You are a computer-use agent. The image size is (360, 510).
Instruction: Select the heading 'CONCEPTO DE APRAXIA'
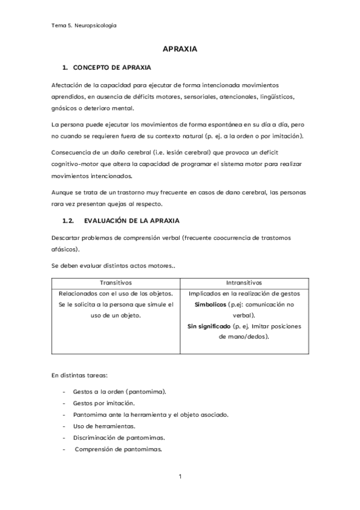coord(112,67)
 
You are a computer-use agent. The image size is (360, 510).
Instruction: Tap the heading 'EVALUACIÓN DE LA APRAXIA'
coord(132,221)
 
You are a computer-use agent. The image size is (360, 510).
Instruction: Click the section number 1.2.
coord(69,221)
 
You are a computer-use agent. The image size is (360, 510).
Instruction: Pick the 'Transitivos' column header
coord(115,283)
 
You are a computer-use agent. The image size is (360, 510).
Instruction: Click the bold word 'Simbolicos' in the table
coord(211,305)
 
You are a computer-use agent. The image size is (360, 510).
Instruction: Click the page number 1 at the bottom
coord(180,477)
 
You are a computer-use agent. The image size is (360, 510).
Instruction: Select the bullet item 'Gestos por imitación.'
coord(103,403)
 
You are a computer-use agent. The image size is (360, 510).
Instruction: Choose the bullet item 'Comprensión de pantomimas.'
coord(118,449)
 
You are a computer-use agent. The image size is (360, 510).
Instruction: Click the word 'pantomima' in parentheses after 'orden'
coord(145,392)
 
